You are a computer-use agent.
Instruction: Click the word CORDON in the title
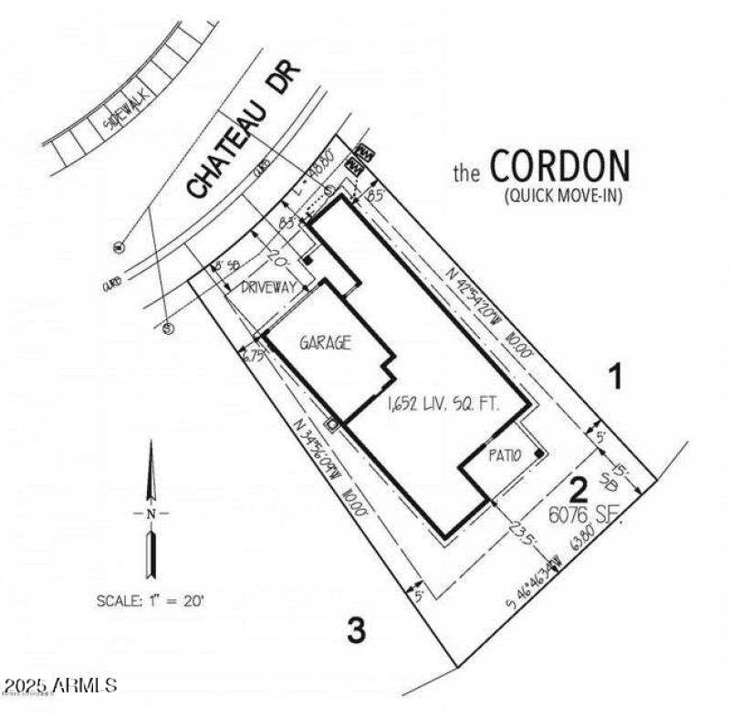pyautogui.click(x=559, y=167)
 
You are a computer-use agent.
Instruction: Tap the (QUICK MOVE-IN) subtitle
pyautogui.click(x=562, y=195)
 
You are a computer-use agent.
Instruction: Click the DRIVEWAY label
pyautogui.click(x=268, y=286)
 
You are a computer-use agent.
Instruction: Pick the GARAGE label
pyautogui.click(x=326, y=343)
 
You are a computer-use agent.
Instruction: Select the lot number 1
pyautogui.click(x=617, y=376)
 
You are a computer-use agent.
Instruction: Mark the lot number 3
pyautogui.click(x=358, y=629)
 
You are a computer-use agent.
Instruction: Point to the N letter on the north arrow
pyautogui.click(x=151, y=514)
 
